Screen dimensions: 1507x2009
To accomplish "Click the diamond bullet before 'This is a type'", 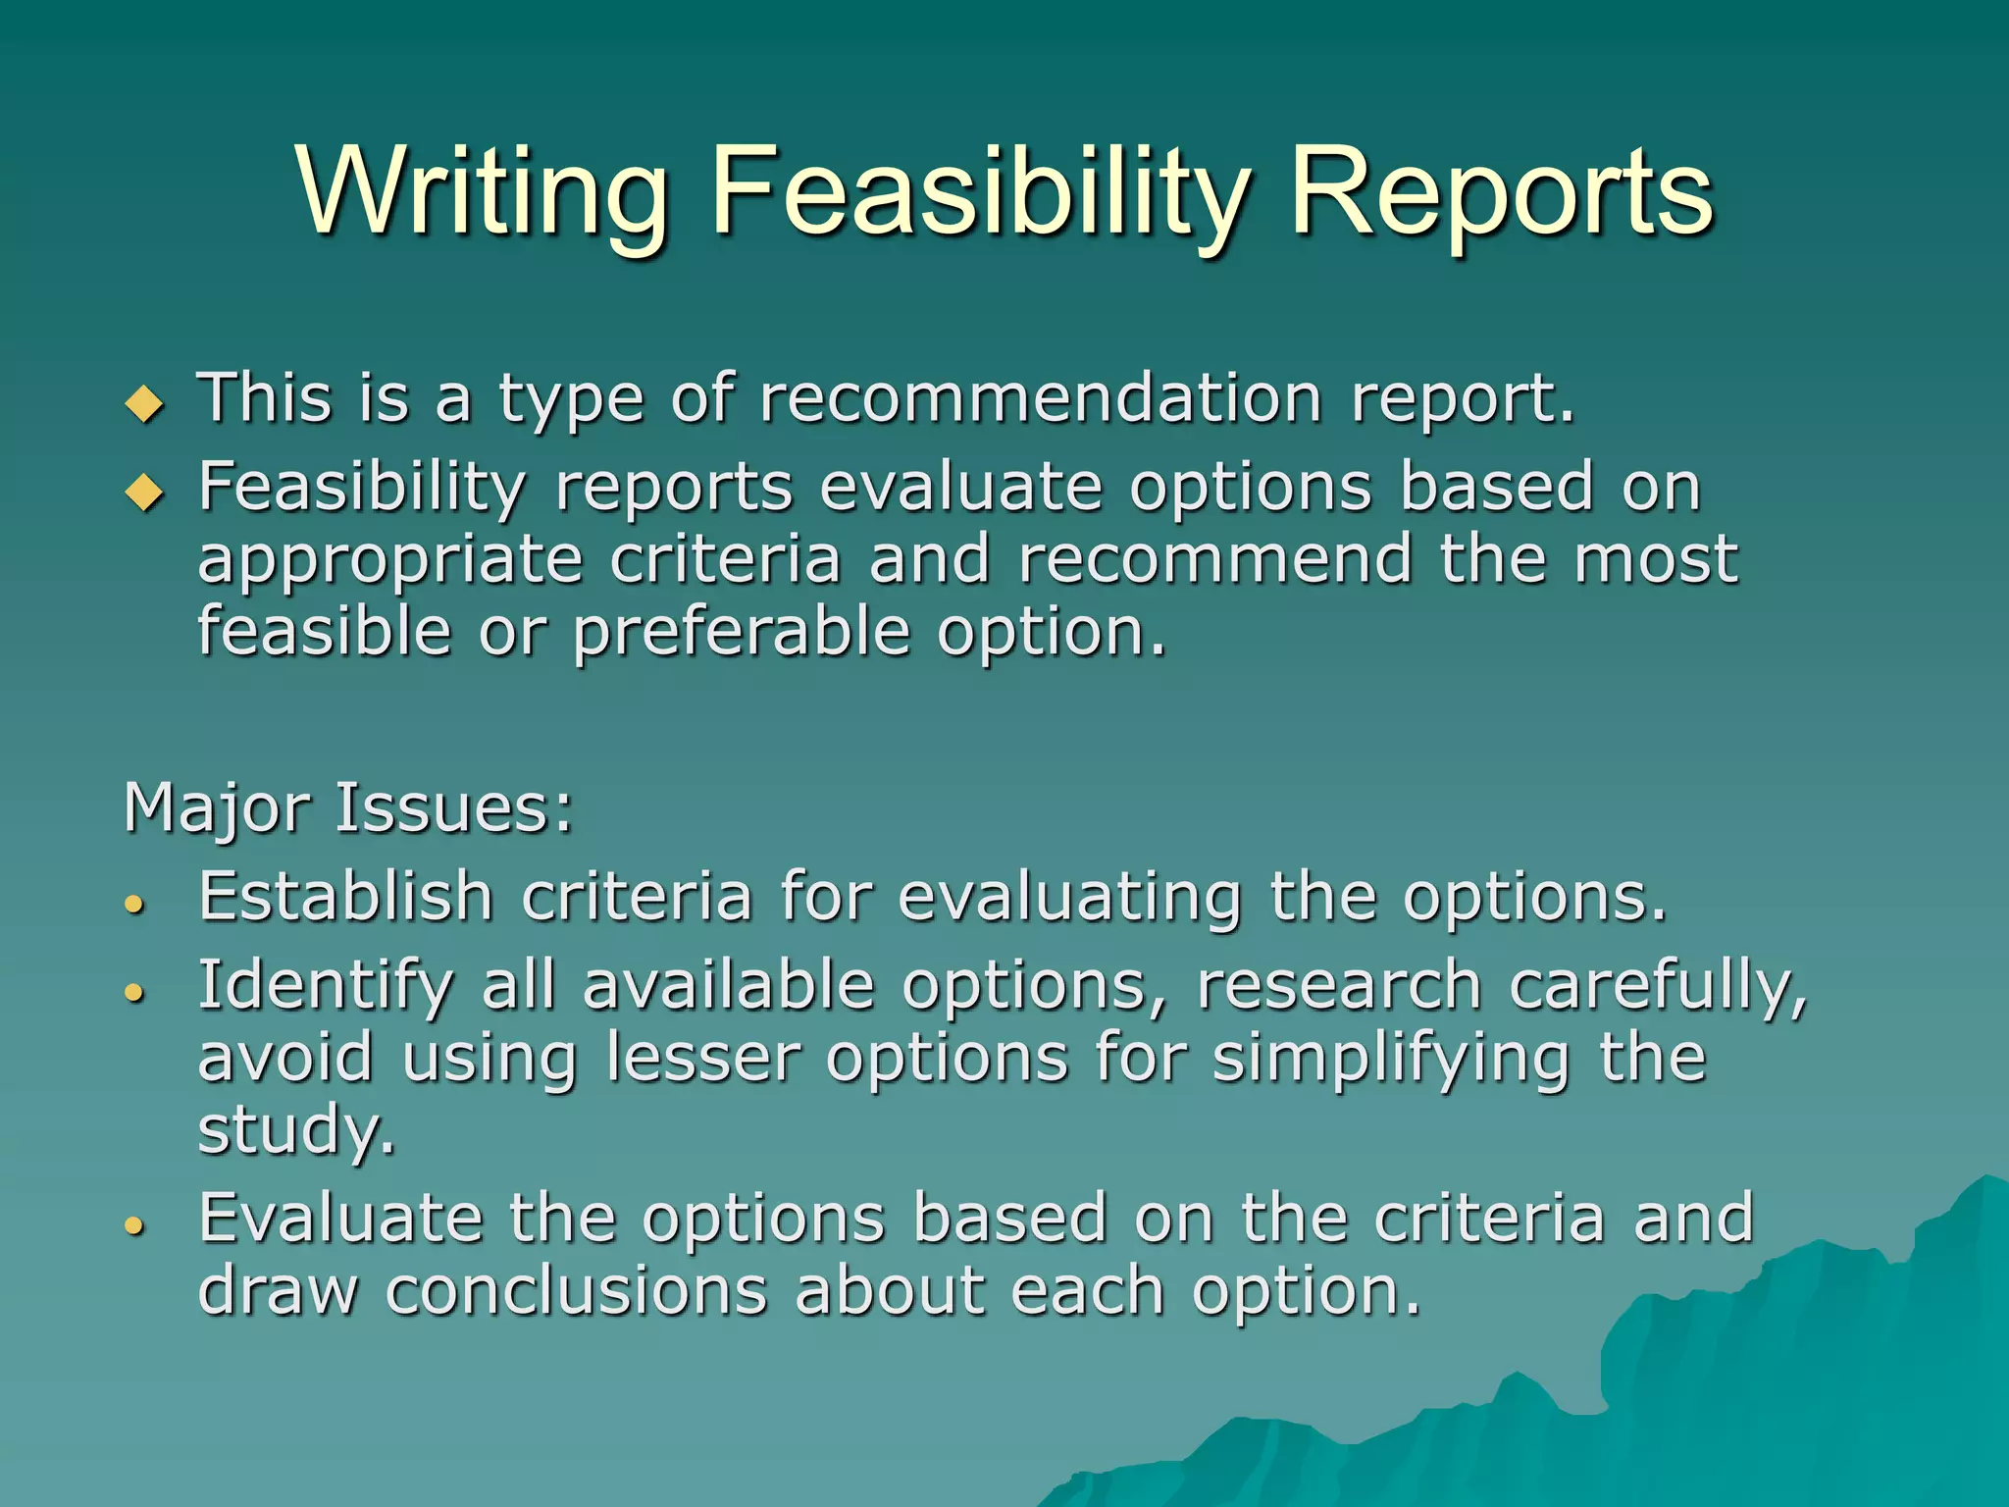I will [x=145, y=403].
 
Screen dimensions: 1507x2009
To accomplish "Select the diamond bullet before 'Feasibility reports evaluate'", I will [x=145, y=491].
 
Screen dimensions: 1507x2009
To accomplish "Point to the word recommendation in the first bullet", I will [x=1041, y=398].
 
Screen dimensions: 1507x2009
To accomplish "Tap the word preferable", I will [x=742, y=633].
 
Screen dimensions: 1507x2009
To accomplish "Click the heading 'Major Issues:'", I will [x=348, y=808].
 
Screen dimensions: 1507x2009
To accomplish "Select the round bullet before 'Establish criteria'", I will [x=135, y=904].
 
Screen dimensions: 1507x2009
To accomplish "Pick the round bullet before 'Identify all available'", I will [x=135, y=993].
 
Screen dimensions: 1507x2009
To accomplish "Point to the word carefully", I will [x=1658, y=986].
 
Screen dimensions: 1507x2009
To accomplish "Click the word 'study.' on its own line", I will [x=296, y=1130].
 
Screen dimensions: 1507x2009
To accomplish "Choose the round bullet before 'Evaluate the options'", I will [x=135, y=1224].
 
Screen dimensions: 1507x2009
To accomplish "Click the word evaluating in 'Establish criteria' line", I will [x=1070, y=897].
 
